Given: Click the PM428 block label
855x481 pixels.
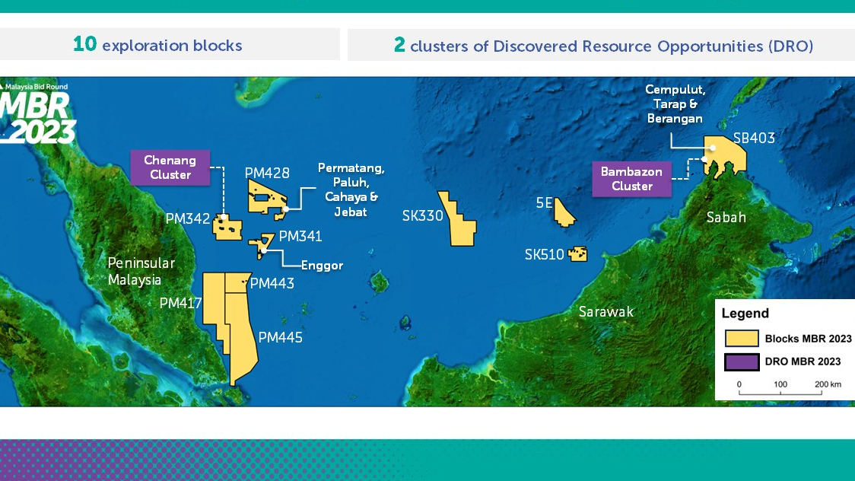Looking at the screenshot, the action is point(267,173).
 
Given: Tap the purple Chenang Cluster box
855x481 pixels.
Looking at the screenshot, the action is point(170,167).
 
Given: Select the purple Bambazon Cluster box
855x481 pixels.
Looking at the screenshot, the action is point(631,179).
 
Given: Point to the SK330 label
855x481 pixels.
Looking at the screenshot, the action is point(422,216).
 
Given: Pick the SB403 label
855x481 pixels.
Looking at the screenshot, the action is point(754,138).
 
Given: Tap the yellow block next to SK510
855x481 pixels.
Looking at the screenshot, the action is point(578,253).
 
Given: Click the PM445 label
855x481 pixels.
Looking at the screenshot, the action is point(280,336).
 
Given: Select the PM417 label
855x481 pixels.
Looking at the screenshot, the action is point(180,303).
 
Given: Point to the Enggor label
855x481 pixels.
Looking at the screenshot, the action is point(322,266).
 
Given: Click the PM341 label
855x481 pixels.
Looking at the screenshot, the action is point(300,236).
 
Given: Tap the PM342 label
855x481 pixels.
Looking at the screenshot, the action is point(187,218).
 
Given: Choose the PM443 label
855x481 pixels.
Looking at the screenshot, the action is point(272,283).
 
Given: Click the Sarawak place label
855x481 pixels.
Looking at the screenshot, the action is point(605,311).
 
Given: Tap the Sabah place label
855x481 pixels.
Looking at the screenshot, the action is point(726,217).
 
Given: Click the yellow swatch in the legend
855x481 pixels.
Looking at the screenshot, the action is point(742,339).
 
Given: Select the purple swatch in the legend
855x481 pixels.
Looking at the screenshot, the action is point(742,362).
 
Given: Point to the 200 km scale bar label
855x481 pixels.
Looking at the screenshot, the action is point(827,384).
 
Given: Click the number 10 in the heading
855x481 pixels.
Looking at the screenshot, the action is point(84,44).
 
